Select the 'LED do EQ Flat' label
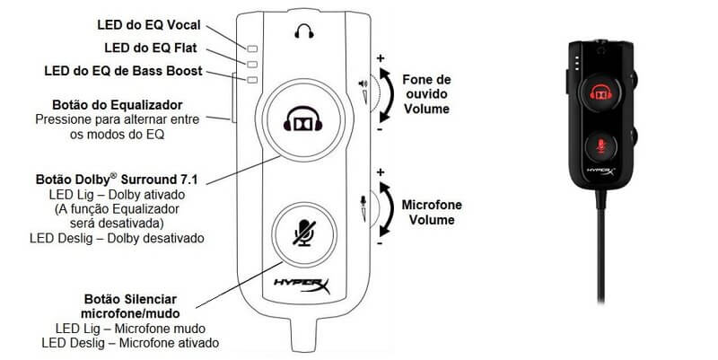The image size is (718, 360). click(x=162, y=47)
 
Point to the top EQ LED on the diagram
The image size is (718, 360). click(x=253, y=48)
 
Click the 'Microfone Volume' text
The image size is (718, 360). click(x=432, y=211)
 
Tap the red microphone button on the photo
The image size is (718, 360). click(x=600, y=144)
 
